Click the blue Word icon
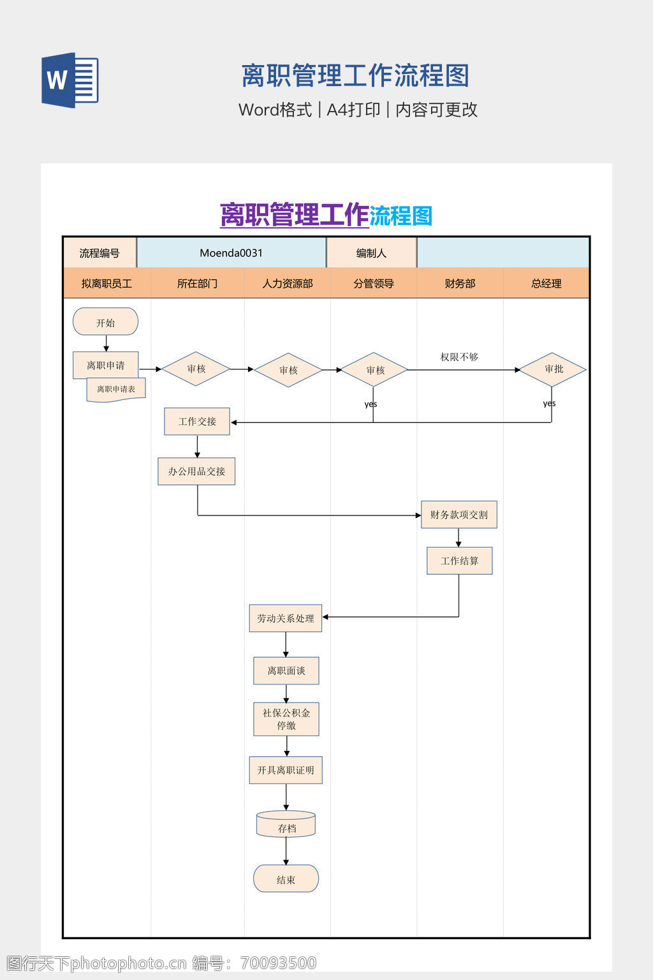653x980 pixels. click(x=70, y=80)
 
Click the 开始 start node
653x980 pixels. click(x=106, y=322)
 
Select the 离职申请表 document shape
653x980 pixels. click(x=116, y=389)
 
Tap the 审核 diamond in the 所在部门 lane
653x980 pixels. click(x=196, y=369)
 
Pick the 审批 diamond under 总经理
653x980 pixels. click(x=553, y=369)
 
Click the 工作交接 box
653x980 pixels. click(x=197, y=422)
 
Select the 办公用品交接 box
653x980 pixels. click(x=196, y=471)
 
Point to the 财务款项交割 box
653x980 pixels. click(x=459, y=515)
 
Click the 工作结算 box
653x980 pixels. click(x=459, y=561)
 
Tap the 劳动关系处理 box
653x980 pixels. click(x=286, y=618)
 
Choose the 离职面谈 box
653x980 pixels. click(x=286, y=671)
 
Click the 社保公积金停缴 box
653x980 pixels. click(x=286, y=719)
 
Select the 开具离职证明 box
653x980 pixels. click(x=286, y=770)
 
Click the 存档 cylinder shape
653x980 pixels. click(x=286, y=826)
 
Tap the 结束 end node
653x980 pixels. click(x=286, y=879)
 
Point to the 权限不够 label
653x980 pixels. click(x=459, y=357)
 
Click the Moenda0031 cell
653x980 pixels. click(x=231, y=253)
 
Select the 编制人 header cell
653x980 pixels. click(x=371, y=253)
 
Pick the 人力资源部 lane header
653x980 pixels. click(x=288, y=283)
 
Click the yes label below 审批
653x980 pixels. click(x=549, y=403)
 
